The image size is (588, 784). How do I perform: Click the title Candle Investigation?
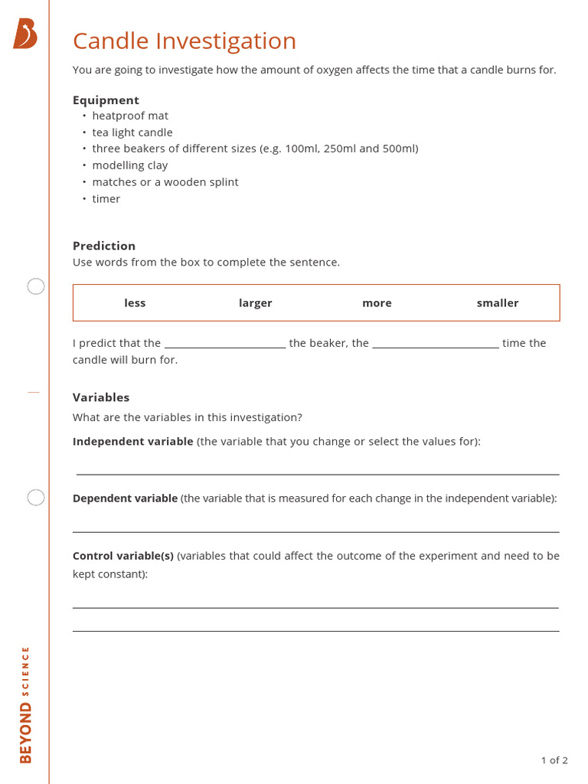184,41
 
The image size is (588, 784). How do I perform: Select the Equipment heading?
106,100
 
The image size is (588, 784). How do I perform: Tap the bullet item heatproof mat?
130,116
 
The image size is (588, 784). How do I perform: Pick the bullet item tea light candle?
132,132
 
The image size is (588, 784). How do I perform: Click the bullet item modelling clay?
129,165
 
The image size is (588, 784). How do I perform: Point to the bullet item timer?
106,199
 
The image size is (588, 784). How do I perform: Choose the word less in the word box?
135,303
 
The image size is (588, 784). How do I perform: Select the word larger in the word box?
255,303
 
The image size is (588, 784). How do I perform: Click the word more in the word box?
377,303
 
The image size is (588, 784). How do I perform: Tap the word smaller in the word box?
498,303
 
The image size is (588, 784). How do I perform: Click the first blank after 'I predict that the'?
225,344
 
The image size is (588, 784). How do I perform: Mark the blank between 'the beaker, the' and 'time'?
436,344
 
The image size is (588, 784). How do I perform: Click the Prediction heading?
104,246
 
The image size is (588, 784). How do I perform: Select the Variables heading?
101,397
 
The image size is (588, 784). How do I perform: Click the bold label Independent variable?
132,442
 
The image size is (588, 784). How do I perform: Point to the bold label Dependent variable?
125,498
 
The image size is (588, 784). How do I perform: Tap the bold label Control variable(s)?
123,556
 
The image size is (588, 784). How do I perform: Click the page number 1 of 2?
554,760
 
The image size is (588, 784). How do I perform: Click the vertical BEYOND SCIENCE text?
26,704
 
